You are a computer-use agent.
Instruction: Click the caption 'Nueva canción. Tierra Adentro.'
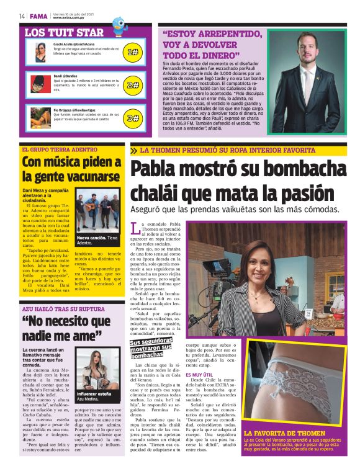click(97, 240)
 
